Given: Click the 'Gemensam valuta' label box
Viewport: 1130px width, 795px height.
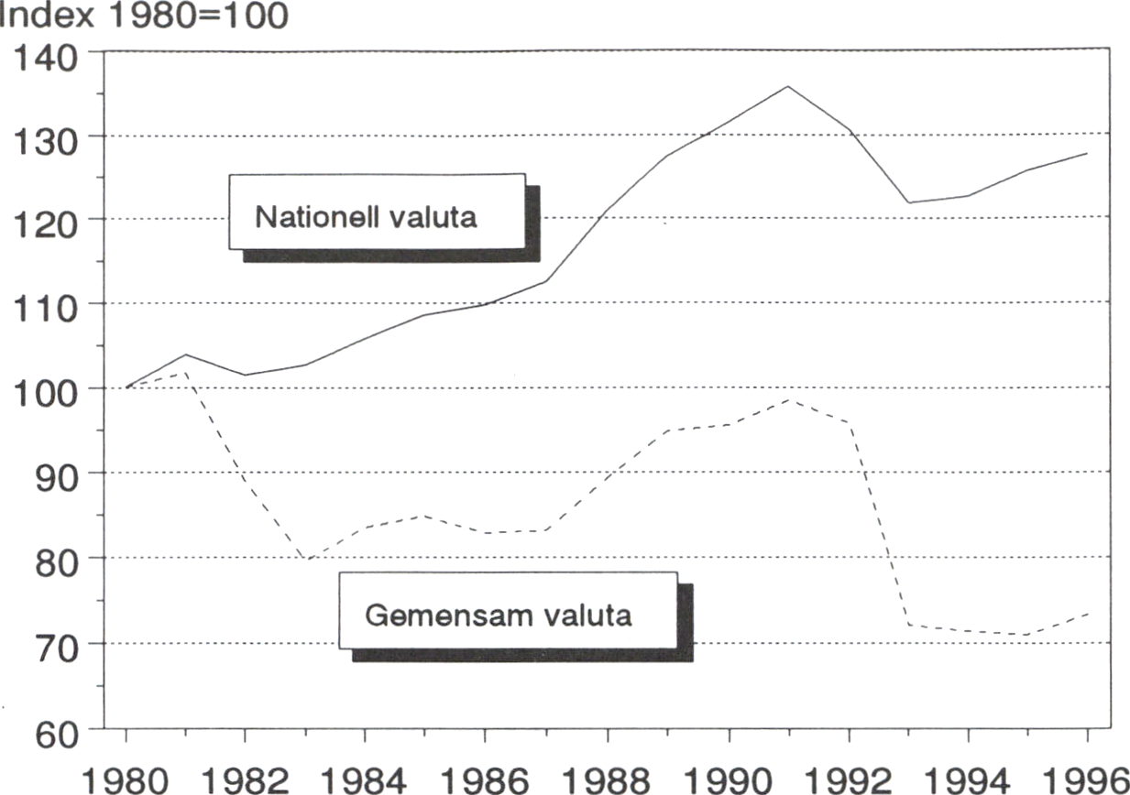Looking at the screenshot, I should tap(508, 611).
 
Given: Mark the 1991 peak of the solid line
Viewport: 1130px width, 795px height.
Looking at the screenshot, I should tap(788, 86).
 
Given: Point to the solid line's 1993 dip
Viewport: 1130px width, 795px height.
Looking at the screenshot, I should tap(908, 202).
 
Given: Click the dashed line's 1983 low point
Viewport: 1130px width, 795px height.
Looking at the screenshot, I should tap(306, 560).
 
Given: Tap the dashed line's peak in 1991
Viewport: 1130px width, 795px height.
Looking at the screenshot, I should tap(788, 399).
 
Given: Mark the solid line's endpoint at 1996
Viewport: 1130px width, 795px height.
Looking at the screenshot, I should tap(1087, 153).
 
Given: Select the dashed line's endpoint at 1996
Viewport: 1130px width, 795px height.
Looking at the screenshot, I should tap(1087, 612).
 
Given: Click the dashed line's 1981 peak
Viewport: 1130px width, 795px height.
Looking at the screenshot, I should tap(186, 373).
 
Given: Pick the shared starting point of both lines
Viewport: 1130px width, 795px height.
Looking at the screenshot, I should tap(126, 387).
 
